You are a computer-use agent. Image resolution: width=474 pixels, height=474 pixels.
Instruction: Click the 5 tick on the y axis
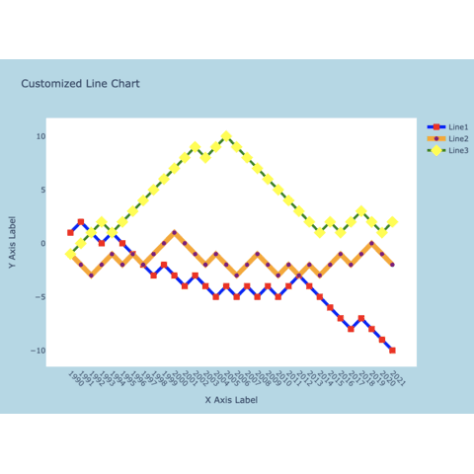click(x=40, y=190)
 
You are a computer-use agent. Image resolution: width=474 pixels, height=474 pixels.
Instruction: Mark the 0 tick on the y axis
click(x=40, y=243)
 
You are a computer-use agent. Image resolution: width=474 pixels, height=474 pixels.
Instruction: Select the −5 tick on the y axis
click(x=39, y=297)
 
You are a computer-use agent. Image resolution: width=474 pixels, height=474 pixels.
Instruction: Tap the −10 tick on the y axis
click(x=37, y=351)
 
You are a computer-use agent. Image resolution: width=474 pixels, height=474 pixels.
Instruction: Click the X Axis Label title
click(x=231, y=400)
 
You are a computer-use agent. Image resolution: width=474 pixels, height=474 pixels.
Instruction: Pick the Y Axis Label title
click(x=13, y=243)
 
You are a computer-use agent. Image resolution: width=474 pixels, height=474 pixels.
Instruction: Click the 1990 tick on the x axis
click(x=75, y=377)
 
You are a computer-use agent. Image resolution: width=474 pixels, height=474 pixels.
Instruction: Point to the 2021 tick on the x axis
click(x=397, y=377)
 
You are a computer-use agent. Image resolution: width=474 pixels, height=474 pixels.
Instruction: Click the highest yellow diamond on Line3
click(x=226, y=136)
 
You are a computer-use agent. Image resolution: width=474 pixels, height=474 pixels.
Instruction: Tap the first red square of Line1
click(x=70, y=233)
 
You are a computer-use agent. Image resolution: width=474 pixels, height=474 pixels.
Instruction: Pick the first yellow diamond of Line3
click(x=70, y=254)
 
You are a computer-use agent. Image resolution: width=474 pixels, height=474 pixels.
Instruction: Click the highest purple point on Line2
click(x=174, y=233)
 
